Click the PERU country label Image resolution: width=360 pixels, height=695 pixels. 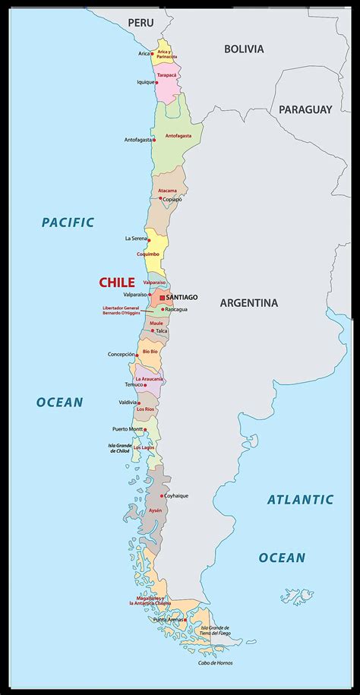point(141,23)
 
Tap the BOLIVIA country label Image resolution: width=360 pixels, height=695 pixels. point(244,49)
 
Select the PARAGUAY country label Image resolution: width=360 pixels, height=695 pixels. point(305,109)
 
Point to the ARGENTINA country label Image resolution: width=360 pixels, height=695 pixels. point(249,302)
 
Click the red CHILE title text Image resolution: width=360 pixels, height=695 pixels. point(116,283)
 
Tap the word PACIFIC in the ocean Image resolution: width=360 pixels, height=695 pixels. point(68,223)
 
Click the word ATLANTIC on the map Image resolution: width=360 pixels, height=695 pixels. point(300,499)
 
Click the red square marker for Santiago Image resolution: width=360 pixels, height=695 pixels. point(161,297)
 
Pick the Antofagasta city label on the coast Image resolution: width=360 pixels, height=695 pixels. point(137,140)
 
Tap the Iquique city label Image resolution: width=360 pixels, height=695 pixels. point(145,82)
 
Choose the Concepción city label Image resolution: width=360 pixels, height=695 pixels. point(121,354)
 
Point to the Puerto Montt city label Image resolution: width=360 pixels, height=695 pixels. point(127,429)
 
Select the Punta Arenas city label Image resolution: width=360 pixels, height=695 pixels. point(170,620)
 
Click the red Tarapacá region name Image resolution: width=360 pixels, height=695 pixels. point(168,75)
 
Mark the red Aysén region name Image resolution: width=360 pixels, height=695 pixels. point(155,510)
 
